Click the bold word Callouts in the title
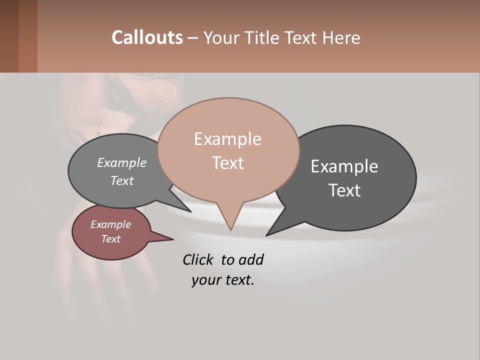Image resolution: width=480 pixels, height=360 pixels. click(147, 37)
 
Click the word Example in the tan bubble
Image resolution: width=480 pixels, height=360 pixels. click(227, 139)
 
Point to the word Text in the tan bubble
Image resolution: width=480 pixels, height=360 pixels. click(227, 163)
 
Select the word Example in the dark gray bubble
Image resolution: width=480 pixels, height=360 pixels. click(344, 166)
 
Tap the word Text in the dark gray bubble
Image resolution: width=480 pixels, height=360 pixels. click(344, 190)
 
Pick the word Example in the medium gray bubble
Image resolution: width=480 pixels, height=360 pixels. click(122, 163)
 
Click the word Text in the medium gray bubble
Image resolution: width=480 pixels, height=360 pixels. click(122, 181)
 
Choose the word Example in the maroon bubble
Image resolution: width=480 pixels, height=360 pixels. click(111, 224)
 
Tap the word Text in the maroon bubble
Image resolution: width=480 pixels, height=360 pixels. click(111, 239)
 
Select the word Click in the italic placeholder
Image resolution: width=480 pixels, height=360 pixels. click(199, 259)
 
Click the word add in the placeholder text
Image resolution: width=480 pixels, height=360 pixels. click(250, 259)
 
